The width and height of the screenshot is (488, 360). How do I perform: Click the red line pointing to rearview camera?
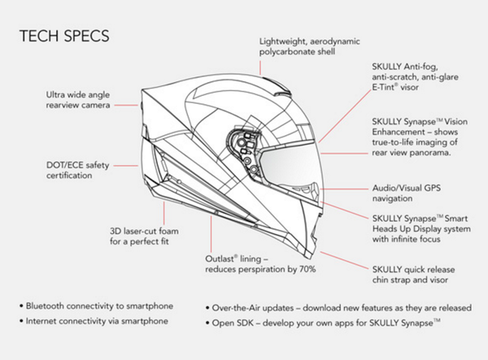126,104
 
